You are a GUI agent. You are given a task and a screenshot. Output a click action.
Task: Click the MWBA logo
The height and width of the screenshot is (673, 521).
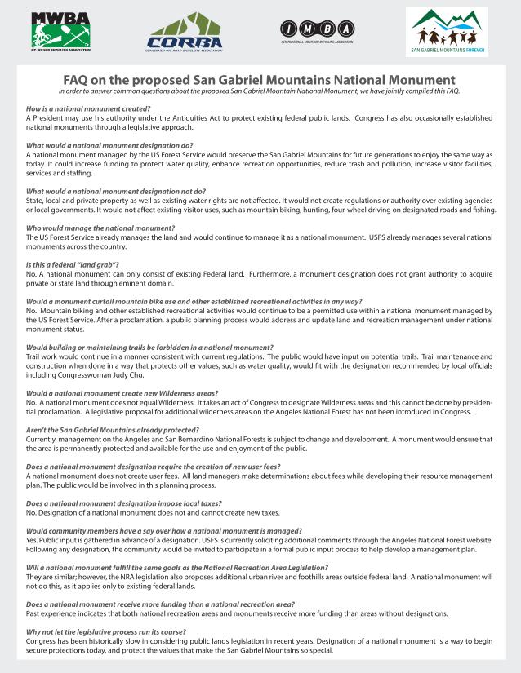pos(61,32)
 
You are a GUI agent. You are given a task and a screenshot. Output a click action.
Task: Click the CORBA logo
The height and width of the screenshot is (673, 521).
pos(185,33)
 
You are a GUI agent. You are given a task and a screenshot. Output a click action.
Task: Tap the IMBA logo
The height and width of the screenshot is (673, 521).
pos(316,30)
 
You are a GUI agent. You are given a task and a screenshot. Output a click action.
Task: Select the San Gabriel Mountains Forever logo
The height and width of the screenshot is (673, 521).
pos(447,33)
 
